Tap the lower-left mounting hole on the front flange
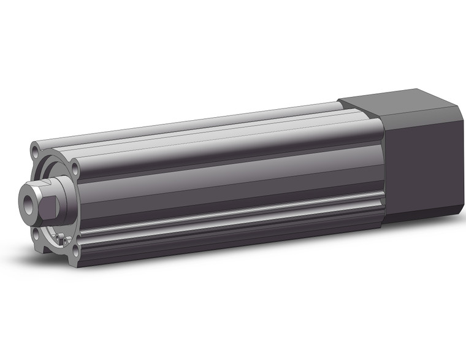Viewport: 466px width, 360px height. (x=36, y=232)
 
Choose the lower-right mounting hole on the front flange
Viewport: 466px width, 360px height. (x=75, y=251)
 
